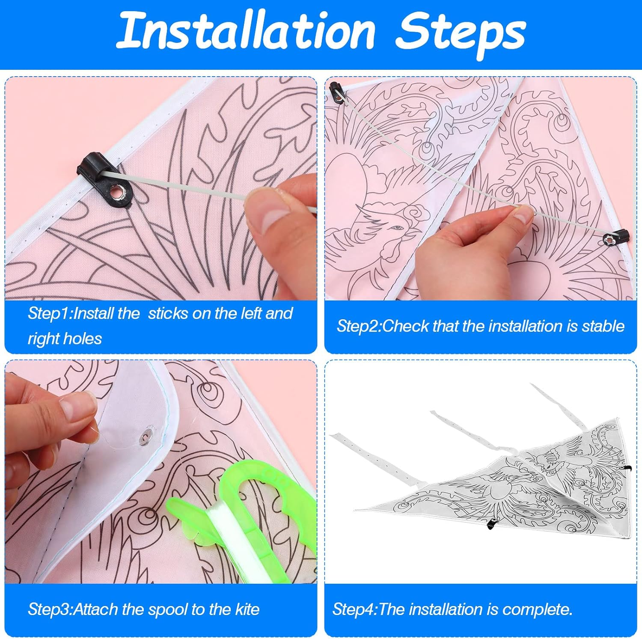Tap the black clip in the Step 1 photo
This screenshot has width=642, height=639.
point(92,167)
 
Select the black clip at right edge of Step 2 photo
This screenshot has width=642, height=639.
point(618,236)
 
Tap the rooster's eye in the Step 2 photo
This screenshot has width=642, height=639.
point(397,227)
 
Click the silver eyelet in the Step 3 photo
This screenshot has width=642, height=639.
point(146,436)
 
